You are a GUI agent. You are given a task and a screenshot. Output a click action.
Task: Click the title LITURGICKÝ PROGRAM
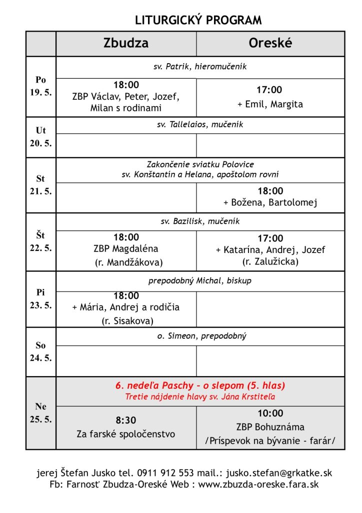tap(198, 21)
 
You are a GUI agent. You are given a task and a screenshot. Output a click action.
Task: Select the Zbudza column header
tap(126, 43)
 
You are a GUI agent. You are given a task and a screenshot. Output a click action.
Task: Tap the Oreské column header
tap(270, 43)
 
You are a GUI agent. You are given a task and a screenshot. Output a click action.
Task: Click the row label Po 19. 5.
tap(40, 86)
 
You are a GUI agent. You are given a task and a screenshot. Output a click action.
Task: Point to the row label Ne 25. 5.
tap(40, 413)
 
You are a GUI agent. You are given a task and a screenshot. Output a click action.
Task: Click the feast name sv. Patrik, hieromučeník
tap(200, 66)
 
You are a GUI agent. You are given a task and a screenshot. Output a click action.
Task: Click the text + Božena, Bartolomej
tap(270, 202)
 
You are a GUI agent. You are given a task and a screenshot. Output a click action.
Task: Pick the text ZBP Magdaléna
tap(126, 249)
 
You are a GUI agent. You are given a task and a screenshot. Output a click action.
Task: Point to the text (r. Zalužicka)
tap(270, 261)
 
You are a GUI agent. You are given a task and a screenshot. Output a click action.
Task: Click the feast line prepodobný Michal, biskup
tap(200, 281)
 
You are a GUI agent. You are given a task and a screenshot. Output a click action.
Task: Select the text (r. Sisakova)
tap(126, 320)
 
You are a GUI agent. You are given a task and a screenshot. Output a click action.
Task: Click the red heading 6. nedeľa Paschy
tap(200, 386)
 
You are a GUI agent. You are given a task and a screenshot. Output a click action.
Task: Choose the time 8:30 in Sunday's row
tap(126, 420)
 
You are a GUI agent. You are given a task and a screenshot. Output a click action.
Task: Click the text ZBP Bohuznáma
tap(270, 427)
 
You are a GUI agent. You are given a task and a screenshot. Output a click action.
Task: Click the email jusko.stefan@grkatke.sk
tap(279, 473)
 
